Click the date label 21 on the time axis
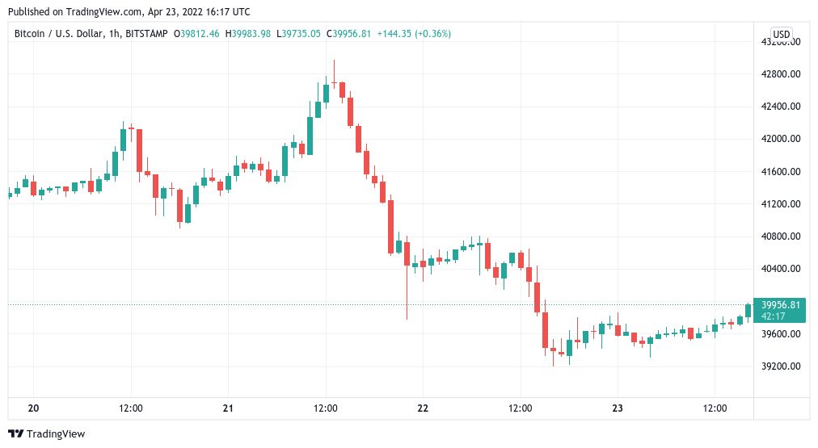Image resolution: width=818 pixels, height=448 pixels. coord(228,408)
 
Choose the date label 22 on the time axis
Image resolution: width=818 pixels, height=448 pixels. coord(423,408)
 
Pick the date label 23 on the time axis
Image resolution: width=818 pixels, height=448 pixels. coord(618,408)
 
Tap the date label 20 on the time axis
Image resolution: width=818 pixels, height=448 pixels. coord(33,408)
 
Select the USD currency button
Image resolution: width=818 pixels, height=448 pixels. coord(781,34)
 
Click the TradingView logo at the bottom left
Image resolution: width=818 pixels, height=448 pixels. coord(47,434)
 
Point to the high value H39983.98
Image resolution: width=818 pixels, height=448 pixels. coord(248,34)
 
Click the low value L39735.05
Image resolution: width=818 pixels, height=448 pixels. coord(299,34)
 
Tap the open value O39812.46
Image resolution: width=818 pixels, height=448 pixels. coord(196,34)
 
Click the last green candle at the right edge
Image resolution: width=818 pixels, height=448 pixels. coord(748,310)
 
